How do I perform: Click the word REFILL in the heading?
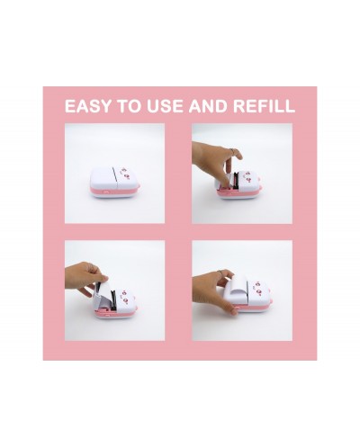point(265,106)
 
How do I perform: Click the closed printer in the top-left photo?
point(114,182)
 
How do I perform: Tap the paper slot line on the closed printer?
point(115,178)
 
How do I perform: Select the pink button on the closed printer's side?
point(105,191)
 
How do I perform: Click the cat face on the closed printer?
point(126,174)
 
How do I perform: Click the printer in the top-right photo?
point(238,186)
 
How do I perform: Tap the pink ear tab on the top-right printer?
point(260,188)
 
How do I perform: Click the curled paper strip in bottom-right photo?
point(240,286)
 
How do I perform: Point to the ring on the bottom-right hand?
point(220,272)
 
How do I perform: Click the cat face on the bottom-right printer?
point(259,286)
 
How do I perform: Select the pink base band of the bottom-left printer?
point(116,312)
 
